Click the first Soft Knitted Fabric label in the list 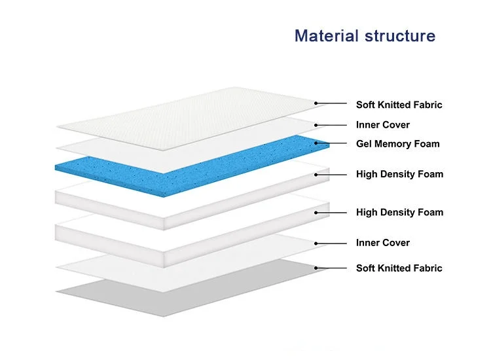pos(399,105)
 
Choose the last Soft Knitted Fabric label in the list pos(399,268)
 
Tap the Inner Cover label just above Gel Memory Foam pos(382,124)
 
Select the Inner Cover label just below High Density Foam pos(382,243)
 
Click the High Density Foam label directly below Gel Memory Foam pos(399,174)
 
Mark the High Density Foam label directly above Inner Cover pos(399,212)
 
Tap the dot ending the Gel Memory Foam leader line pos(316,143)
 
